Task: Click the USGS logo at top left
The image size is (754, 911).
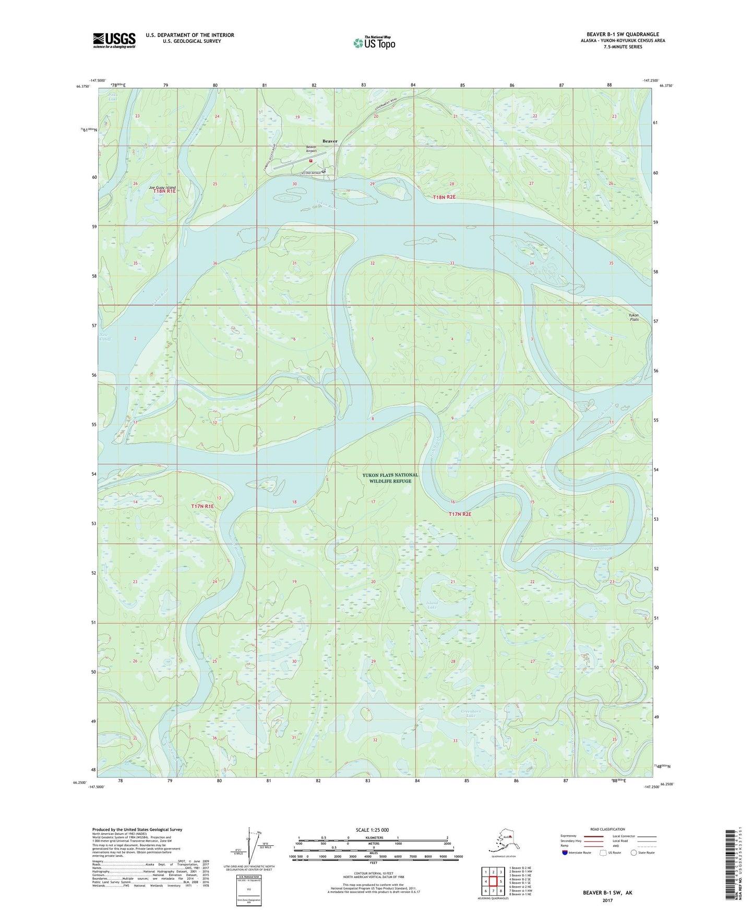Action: coord(114,40)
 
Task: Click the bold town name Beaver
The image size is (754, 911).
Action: coord(330,141)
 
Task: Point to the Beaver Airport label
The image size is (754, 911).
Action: coord(311,149)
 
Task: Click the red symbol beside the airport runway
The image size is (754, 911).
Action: coord(310,161)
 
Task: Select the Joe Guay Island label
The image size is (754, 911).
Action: coord(162,187)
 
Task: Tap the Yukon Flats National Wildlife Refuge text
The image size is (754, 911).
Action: coord(390,478)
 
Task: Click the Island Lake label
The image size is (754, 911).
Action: coord(432,605)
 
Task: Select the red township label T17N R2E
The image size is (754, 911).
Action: coord(460,514)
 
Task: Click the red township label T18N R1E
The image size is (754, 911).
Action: coord(164,192)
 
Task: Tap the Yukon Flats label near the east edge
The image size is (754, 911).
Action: coord(633,317)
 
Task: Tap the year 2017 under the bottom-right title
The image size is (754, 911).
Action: coord(607,900)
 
